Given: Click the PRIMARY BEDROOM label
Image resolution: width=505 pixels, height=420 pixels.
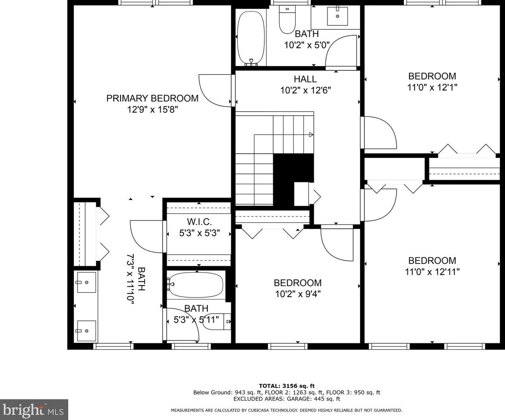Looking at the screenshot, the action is pyautogui.click(x=152, y=98).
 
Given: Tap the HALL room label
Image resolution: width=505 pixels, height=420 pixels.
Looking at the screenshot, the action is pyautogui.click(x=305, y=79).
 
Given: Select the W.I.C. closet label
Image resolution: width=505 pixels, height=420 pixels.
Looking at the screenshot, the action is pyautogui.click(x=199, y=222).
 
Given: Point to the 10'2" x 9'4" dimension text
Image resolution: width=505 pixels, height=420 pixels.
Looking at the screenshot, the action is pyautogui.click(x=298, y=294).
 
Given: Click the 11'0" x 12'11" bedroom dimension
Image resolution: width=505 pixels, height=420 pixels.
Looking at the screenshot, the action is pyautogui.click(x=432, y=272).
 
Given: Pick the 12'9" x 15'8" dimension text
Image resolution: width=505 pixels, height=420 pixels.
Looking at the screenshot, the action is pyautogui.click(x=153, y=110).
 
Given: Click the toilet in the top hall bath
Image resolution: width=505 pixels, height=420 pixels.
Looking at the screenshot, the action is pyautogui.click(x=287, y=19).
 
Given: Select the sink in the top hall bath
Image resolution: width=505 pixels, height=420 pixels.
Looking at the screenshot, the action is pyautogui.click(x=337, y=16).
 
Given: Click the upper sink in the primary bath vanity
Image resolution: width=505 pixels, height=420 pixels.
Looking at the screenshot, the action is pyautogui.click(x=86, y=282).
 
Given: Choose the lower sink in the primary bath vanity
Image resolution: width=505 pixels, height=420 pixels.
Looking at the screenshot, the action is pyautogui.click(x=86, y=331).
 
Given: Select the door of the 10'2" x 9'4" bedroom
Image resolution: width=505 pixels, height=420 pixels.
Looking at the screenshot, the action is pyautogui.click(x=337, y=245).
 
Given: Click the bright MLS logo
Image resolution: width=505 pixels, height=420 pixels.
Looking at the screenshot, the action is pyautogui.click(x=33, y=410).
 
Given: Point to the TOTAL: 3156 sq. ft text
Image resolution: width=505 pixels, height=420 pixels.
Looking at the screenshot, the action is pyautogui.click(x=286, y=386).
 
